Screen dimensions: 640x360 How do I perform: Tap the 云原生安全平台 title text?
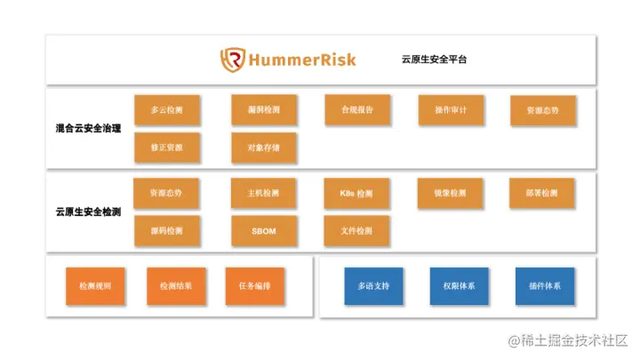click(x=434, y=60)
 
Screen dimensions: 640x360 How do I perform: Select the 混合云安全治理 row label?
click(x=88, y=128)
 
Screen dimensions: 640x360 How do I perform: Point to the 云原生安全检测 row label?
click(x=88, y=212)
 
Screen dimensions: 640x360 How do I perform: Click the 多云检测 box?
click(x=167, y=110)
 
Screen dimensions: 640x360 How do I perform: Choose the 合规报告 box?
click(x=357, y=110)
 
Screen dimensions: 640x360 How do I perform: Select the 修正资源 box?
click(x=167, y=148)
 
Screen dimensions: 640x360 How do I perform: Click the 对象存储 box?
click(x=264, y=148)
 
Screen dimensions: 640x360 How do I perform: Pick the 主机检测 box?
click(x=264, y=193)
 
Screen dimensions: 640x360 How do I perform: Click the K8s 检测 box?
click(x=357, y=193)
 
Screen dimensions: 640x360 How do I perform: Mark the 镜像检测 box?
click(x=451, y=193)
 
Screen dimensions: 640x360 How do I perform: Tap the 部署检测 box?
click(x=543, y=193)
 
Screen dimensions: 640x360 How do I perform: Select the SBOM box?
click(x=264, y=231)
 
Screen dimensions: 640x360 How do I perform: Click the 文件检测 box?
click(x=357, y=231)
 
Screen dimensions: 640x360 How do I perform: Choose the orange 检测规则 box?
click(x=95, y=286)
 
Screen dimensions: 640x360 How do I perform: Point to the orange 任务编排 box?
click(x=255, y=286)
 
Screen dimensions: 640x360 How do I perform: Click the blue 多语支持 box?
click(x=374, y=286)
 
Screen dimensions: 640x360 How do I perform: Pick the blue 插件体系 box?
click(x=545, y=286)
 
